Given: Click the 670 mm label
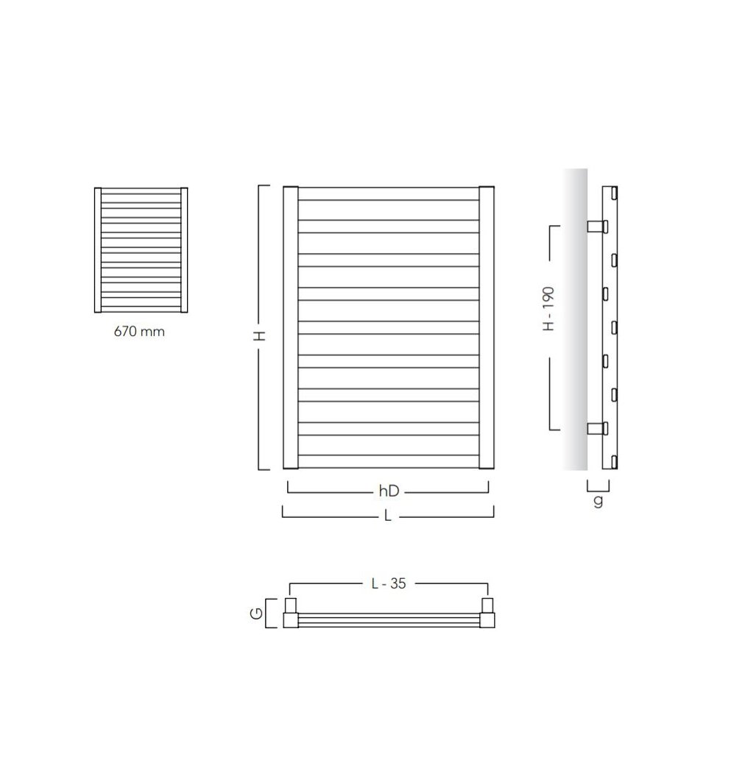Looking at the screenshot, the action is tap(139, 331).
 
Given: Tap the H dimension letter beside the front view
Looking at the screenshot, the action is tap(260, 336).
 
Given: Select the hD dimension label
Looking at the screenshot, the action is tap(389, 491).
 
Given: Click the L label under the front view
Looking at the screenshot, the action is tap(388, 516).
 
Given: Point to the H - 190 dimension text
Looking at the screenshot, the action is tap(548, 308).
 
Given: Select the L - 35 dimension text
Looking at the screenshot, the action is tap(389, 583).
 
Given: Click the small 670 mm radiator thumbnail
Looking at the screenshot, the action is tap(141, 250).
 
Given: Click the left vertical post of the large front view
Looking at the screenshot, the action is tap(291, 327).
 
